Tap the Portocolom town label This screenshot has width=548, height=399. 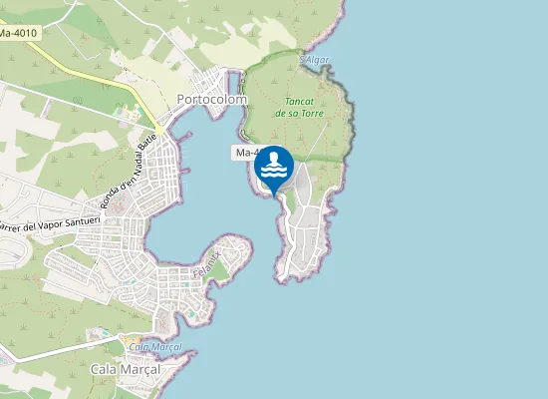pyautogui.click(x=211, y=100)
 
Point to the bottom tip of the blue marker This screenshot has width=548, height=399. pyautogui.click(x=273, y=197)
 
